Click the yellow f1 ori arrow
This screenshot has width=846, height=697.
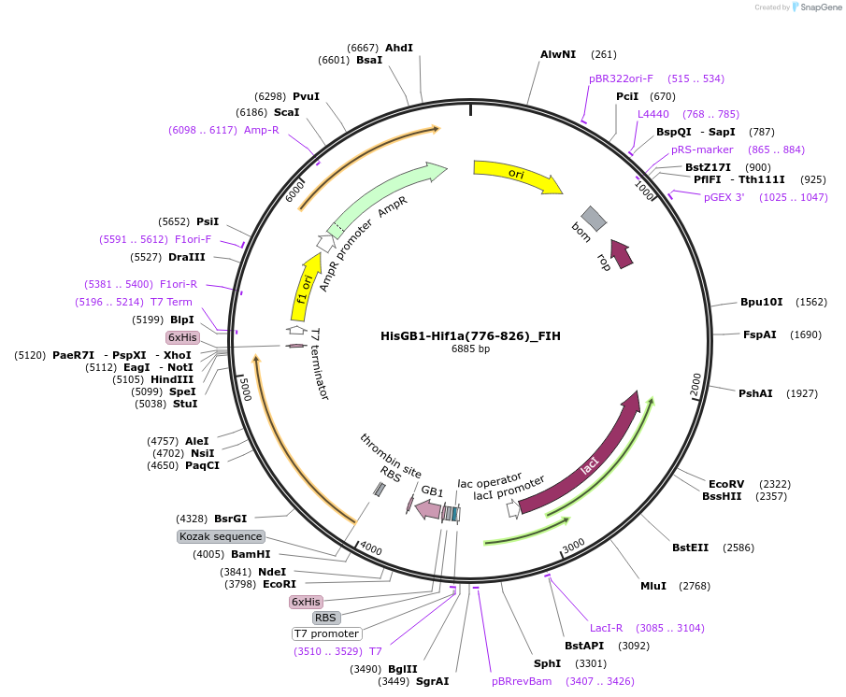click(x=304, y=291)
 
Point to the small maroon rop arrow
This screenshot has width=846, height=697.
click(x=622, y=252)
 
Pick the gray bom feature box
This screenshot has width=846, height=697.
click(x=594, y=219)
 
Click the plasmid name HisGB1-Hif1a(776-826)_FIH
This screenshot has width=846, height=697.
click(x=470, y=335)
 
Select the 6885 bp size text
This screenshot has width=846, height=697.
click(x=470, y=348)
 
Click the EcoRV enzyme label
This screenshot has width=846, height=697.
click(x=726, y=484)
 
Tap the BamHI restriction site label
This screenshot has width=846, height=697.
click(x=251, y=554)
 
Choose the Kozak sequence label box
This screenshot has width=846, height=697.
click(x=222, y=536)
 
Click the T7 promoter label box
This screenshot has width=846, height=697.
click(x=326, y=633)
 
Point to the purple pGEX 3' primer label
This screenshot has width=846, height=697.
click(x=724, y=197)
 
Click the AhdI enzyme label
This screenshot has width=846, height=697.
click(x=399, y=48)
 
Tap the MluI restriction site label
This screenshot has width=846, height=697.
click(x=653, y=586)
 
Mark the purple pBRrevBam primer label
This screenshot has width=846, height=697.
click(x=522, y=681)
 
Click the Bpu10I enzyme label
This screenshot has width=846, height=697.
click(x=759, y=302)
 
